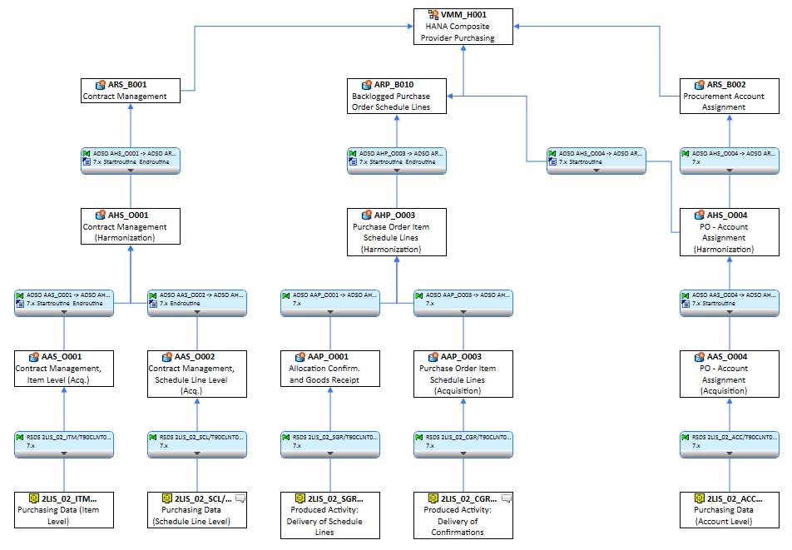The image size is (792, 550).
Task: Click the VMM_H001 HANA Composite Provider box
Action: (463, 27)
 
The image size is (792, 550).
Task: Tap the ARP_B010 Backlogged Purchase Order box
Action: (397, 96)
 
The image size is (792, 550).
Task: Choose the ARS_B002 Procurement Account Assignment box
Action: (730, 96)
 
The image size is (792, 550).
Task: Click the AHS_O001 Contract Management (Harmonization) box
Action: (131, 226)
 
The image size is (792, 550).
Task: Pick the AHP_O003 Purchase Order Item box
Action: (397, 232)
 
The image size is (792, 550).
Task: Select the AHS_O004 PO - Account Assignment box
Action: (730, 232)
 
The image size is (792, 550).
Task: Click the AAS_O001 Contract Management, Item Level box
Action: (64, 368)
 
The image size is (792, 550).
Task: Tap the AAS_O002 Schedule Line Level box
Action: (197, 374)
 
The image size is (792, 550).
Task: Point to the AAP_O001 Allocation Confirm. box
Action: (330, 368)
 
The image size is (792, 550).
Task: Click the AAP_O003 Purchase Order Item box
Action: (463, 374)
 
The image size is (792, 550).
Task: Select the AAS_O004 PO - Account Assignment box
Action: (730, 374)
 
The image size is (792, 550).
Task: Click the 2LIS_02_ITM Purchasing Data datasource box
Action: (64, 509)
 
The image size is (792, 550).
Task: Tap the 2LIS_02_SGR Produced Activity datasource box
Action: (330, 515)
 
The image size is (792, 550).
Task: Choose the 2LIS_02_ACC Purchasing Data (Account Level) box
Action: (730, 509)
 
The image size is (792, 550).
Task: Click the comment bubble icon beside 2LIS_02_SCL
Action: (240, 498)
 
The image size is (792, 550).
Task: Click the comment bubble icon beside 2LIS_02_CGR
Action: (507, 498)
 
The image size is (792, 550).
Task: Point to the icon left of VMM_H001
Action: (433, 15)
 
